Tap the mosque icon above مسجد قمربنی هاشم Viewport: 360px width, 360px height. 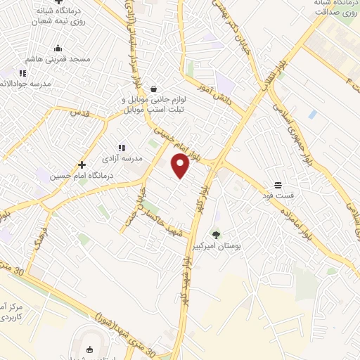(58, 49)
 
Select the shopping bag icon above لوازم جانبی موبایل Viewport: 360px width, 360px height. (153, 89)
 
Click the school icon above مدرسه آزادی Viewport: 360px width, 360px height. (122, 148)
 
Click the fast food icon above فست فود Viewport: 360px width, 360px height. (278, 184)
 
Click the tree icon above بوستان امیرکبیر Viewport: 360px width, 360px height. (216, 234)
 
